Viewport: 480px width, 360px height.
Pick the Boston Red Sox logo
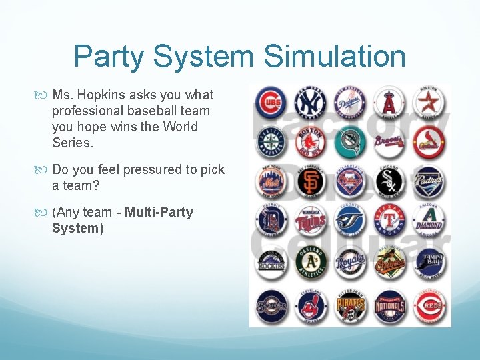pos(310,141)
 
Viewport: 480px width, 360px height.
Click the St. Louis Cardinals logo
pos(428,141)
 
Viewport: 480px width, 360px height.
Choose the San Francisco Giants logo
pos(310,180)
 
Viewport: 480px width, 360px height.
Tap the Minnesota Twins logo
pos(310,220)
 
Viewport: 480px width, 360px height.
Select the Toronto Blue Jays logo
pos(349,220)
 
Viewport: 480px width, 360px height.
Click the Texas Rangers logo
pos(389,220)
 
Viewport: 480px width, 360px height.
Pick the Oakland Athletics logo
pos(310,262)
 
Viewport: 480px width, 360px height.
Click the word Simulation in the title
pos(335,56)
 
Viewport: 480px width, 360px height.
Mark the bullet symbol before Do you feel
pos(44,169)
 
